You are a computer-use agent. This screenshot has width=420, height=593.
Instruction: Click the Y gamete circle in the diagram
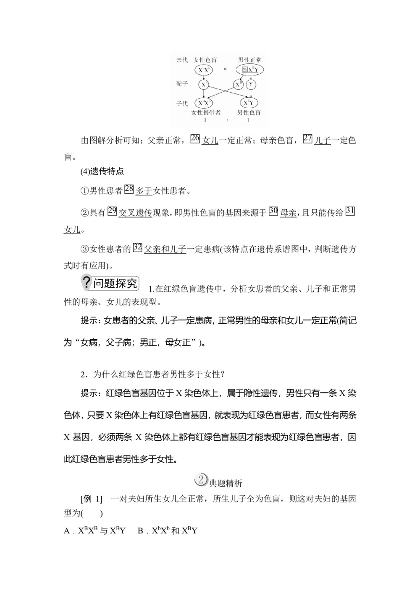[251, 85]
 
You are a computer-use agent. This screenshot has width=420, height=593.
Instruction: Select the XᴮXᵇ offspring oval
[204, 103]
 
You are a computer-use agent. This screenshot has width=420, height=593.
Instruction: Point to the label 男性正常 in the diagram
[249, 60]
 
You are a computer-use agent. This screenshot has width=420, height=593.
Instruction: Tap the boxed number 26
[195, 138]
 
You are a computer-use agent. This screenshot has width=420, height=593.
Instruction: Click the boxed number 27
[307, 138]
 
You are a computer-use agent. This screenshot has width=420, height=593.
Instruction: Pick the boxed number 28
[129, 189]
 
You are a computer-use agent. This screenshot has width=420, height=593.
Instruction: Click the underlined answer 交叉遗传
[135, 213]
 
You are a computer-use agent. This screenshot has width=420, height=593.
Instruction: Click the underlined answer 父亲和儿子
[165, 250]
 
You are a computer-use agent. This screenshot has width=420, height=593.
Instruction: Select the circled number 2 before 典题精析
[201, 480]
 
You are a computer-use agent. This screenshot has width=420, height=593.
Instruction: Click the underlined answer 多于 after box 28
[144, 191]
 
